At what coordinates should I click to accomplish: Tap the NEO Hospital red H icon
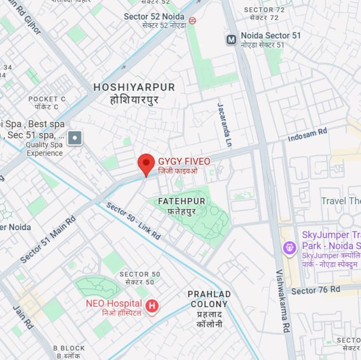coord(152,306)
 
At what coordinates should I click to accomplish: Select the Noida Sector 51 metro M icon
coord(231,40)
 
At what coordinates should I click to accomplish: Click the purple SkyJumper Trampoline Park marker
coord(290,247)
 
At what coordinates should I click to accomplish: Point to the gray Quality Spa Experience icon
coord(74,138)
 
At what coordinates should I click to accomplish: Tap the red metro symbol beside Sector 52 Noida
coord(192,20)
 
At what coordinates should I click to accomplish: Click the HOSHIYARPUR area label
coord(134,87)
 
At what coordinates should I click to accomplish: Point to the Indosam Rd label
coord(307,135)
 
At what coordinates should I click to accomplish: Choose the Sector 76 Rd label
coord(315,290)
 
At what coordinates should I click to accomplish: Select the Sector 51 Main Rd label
coord(48,239)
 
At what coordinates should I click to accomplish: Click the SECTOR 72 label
coord(264,10)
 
